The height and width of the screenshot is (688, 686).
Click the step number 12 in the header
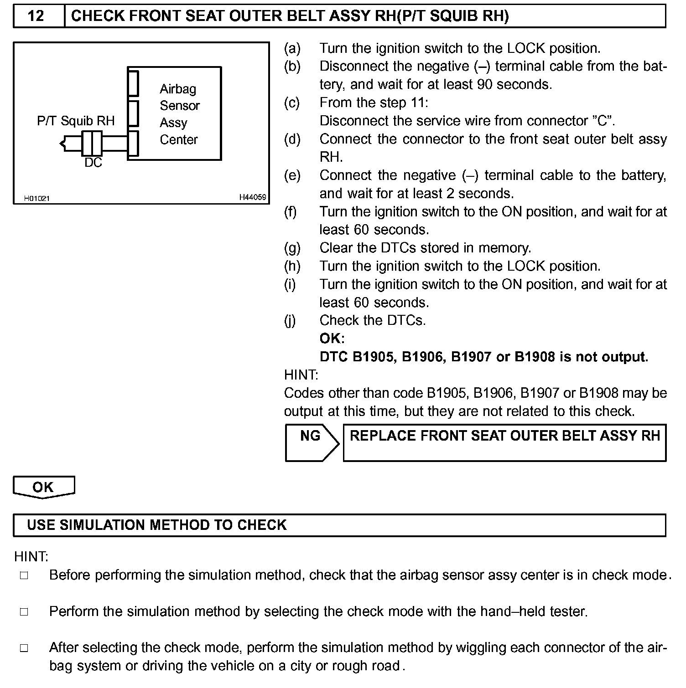36,16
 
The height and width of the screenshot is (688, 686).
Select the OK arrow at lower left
43,487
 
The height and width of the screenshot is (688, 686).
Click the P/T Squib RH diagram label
76,121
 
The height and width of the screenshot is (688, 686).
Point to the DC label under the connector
93,163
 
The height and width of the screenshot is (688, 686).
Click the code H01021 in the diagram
37,198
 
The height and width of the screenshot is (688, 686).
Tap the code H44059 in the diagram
252,197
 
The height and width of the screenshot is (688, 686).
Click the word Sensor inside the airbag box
180,106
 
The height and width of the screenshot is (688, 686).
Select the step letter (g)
292,248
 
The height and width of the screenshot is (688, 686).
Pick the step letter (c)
292,103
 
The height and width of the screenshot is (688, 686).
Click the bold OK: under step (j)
332,339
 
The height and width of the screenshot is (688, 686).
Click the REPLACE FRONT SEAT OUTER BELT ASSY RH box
504,442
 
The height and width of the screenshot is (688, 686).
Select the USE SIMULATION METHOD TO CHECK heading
157,525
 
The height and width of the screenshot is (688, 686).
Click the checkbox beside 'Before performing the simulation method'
24,575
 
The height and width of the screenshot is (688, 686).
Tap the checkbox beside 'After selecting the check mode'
24,648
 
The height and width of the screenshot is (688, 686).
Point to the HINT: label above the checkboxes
31,557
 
